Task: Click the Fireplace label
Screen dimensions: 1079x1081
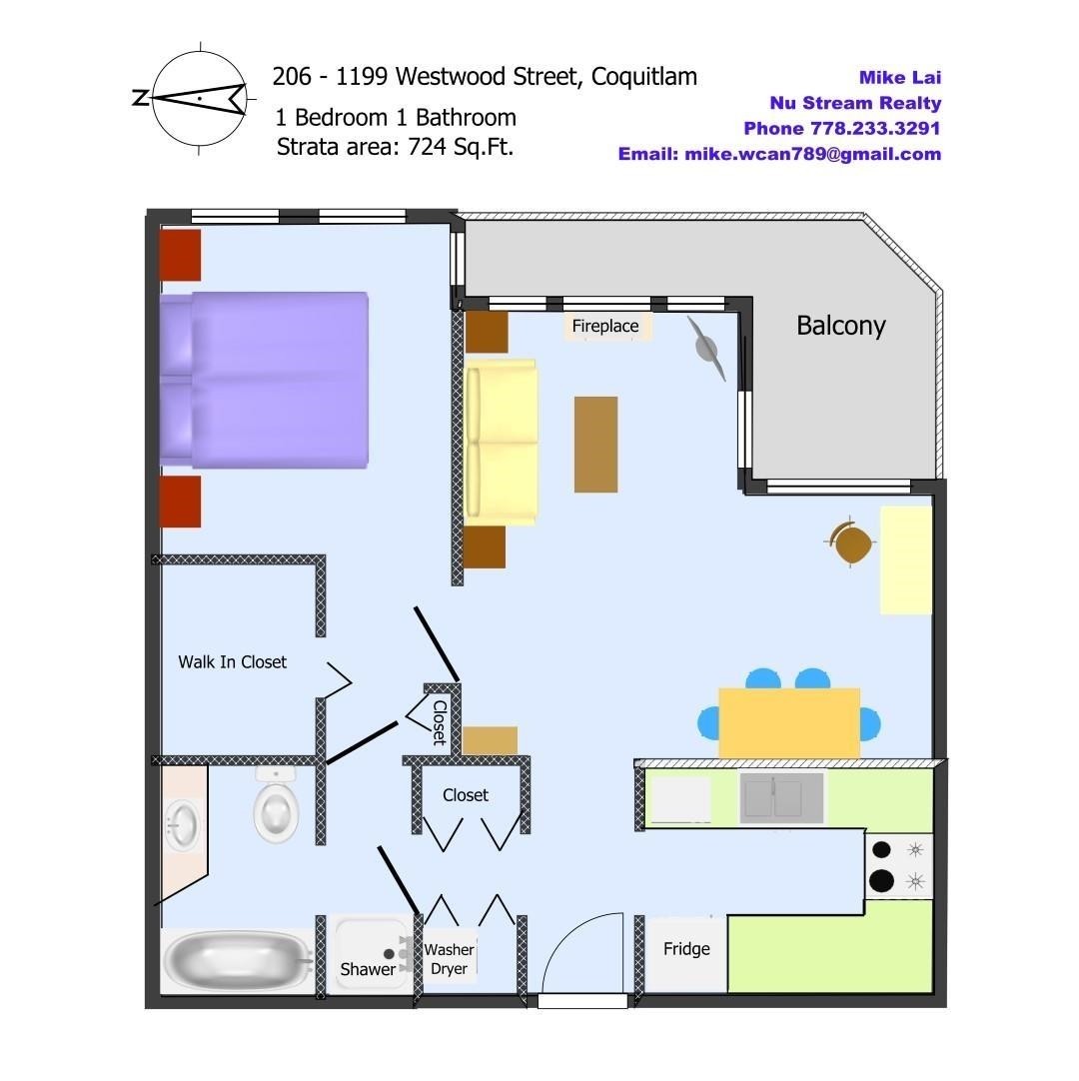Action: [x=605, y=326]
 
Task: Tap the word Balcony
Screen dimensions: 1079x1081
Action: [x=840, y=326]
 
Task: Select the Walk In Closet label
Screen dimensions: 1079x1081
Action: [x=233, y=661]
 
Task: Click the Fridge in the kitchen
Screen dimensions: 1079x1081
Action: [x=686, y=954]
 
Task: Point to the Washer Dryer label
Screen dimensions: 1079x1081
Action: [x=449, y=959]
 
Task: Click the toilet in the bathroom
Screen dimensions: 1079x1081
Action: [x=276, y=804]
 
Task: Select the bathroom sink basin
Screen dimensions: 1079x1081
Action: [x=183, y=824]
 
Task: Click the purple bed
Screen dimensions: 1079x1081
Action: [x=264, y=381]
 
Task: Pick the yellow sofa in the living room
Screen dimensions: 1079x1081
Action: [x=502, y=442]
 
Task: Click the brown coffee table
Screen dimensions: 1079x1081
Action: [x=595, y=444]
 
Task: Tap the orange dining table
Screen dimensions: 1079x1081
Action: [x=788, y=721]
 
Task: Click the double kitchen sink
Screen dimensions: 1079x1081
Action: [x=781, y=797]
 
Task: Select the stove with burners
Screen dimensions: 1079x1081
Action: [x=899, y=865]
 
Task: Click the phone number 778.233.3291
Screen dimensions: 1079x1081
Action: [x=875, y=128]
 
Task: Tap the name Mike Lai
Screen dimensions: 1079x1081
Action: [x=900, y=77]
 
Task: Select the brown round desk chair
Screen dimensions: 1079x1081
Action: [x=850, y=541]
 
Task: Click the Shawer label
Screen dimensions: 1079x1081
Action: [x=368, y=969]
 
